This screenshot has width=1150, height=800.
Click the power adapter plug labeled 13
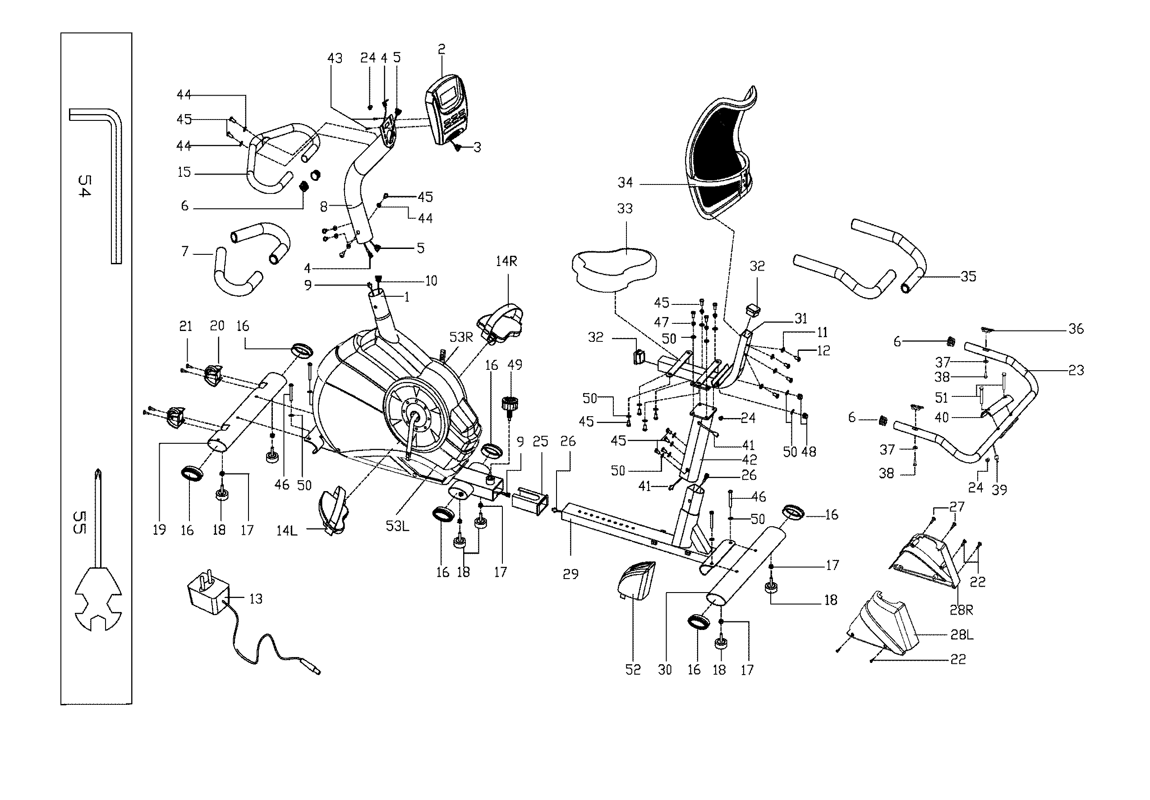(207, 598)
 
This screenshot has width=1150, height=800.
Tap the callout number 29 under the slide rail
(570, 574)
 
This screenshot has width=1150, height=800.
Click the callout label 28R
(961, 610)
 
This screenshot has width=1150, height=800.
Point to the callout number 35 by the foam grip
(968, 276)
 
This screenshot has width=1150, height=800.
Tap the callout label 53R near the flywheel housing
(461, 337)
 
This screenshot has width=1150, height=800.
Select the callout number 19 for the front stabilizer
(159, 530)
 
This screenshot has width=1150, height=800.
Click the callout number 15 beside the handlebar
(184, 172)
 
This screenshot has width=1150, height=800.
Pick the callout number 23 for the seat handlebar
(1076, 370)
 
